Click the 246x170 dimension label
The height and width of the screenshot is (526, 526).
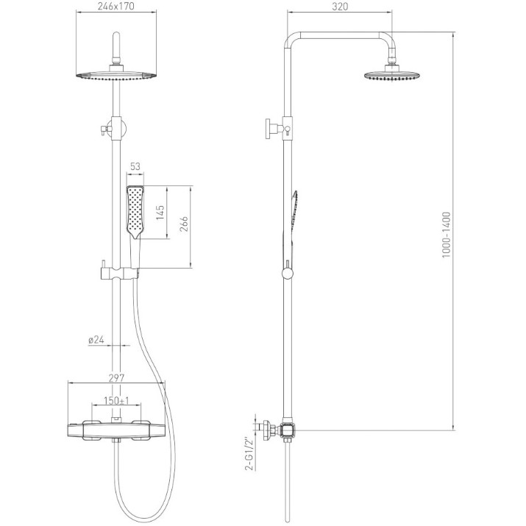116,6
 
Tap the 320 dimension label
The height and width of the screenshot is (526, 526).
340,7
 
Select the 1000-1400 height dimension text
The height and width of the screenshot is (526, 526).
446,235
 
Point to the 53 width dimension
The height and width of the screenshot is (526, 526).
135,166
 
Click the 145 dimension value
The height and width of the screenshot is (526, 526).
160,213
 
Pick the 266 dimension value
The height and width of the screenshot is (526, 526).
184,224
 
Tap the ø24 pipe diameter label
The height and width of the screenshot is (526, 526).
96,340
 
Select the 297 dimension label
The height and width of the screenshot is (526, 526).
116,378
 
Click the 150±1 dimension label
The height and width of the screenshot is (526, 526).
116,400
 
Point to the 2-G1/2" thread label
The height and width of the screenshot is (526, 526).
250,454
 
